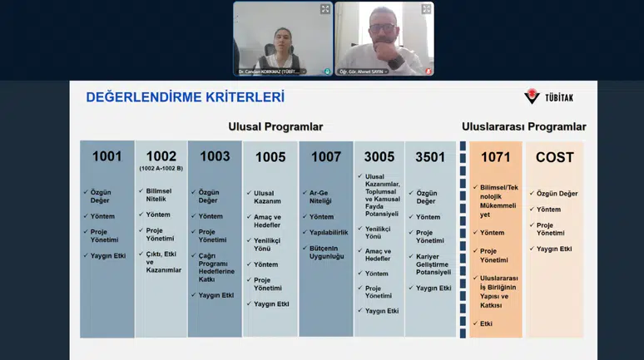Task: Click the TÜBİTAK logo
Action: [548, 96]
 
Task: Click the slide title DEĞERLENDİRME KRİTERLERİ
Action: [185, 97]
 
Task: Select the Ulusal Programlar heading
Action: [275, 127]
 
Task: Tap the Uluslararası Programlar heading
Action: [523, 127]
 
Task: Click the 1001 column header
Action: [107, 156]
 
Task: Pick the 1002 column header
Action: [161, 156]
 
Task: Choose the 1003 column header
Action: [215, 156]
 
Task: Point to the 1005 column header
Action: [270, 157]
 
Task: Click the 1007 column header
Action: [326, 157]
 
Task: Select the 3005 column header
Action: [379, 157]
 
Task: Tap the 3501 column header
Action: [430, 157]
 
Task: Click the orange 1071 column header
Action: [495, 157]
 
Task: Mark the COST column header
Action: [554, 157]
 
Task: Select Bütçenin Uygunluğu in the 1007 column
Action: [326, 251]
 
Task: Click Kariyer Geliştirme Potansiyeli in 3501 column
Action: [433, 264]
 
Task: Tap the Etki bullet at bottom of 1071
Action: [488, 323]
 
